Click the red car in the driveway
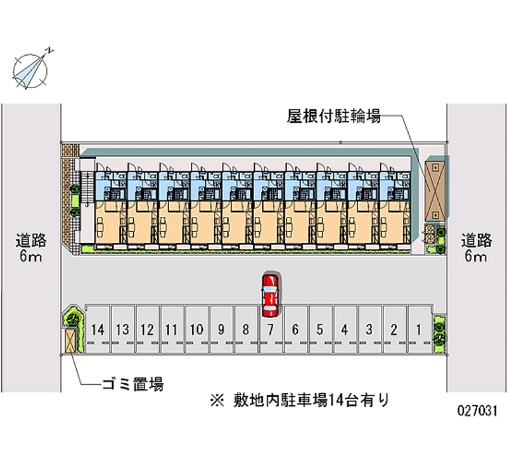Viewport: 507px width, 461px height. pos(270,295)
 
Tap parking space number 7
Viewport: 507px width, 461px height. pos(270,330)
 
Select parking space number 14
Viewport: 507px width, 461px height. pos(98,330)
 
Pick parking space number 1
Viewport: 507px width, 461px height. pos(418,330)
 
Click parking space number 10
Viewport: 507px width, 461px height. pos(196,330)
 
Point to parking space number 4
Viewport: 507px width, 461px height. pos(344,330)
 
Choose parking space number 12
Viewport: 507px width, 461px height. pos(147,330)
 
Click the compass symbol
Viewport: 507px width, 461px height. pos(30,68)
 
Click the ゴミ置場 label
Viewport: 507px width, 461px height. pos(133,384)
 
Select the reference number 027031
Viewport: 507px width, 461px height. pos(477,411)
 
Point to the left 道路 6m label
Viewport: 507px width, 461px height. pos(31,248)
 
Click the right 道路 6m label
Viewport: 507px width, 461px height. pos(476,248)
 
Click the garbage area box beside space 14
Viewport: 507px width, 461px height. pos(70,341)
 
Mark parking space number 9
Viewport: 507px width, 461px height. pos(221,330)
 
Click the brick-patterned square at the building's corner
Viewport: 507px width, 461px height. pos(68,150)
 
